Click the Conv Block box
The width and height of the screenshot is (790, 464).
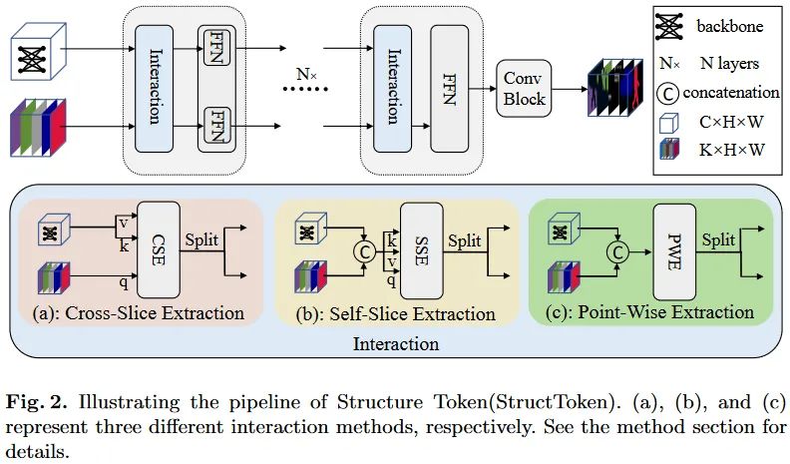pyautogui.click(x=524, y=87)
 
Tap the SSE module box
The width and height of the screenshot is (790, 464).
pyautogui.click(x=420, y=249)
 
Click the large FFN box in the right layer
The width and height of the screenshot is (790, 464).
pyautogui.click(x=448, y=86)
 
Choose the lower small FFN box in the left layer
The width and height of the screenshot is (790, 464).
pyautogui.click(x=215, y=127)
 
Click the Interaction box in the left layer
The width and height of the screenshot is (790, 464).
pyautogui.click(x=154, y=86)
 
